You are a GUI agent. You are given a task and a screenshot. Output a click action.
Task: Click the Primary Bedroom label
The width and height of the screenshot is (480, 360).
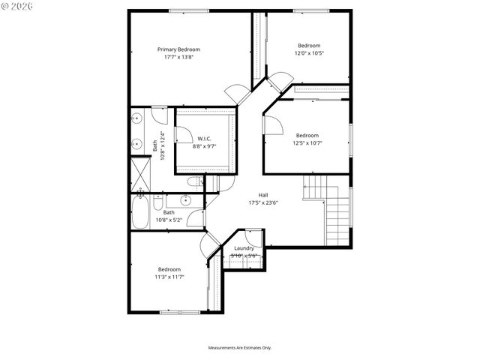178,49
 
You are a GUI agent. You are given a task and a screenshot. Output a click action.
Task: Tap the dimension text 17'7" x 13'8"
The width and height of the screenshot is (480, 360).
178,58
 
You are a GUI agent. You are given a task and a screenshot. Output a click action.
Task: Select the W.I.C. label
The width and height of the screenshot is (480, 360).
205,139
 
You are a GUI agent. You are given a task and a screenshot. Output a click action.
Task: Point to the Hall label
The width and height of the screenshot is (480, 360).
263,193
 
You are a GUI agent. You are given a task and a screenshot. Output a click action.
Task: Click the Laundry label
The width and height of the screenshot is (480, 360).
244,248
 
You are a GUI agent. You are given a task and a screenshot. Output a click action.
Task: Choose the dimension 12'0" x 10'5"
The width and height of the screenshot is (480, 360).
309,53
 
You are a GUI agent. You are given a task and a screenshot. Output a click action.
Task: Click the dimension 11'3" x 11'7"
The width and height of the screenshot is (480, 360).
169,277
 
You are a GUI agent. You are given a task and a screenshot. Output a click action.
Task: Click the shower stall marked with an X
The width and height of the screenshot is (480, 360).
140,174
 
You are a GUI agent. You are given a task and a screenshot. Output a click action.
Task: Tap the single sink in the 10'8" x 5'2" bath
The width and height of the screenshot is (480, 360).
184,200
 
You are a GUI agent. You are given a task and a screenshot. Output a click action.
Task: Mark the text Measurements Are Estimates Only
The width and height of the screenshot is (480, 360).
239,348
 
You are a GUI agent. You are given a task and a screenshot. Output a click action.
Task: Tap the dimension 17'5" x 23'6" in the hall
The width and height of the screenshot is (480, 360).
263,202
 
